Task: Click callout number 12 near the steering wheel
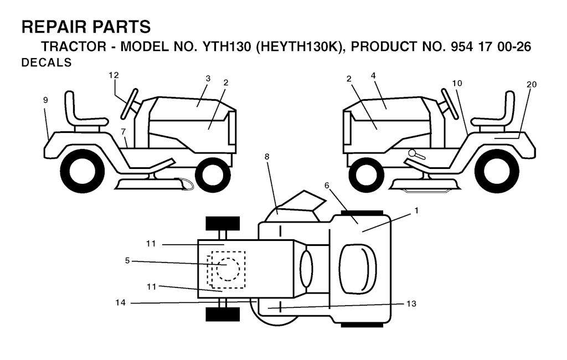click(x=114, y=75)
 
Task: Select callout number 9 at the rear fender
click(x=45, y=100)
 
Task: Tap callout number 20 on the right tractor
click(x=532, y=84)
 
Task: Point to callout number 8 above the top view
click(x=267, y=157)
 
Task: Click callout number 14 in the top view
click(x=120, y=302)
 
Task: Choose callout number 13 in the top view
click(x=411, y=303)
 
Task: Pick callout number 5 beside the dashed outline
click(x=127, y=260)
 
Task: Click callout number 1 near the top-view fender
click(x=416, y=210)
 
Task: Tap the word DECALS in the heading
click(x=47, y=63)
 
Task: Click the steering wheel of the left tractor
click(x=130, y=104)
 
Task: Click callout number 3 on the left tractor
click(x=208, y=79)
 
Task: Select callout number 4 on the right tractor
click(x=373, y=76)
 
